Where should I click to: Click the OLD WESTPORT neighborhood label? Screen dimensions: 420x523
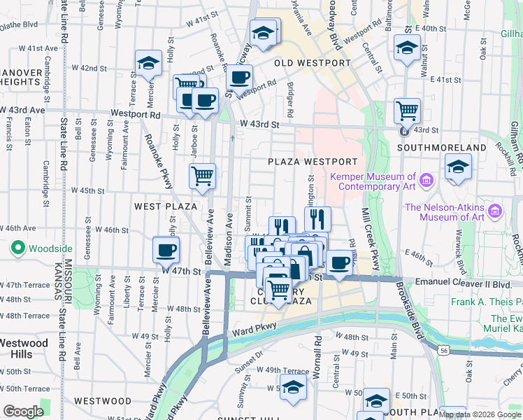click(312, 63)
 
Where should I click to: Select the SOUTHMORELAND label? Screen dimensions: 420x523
click(441, 148)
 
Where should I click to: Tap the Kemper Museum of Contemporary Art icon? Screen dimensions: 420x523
click(427, 182)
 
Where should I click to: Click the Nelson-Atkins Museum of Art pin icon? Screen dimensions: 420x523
click(495, 211)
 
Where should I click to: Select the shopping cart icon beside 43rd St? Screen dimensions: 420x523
click(407, 109)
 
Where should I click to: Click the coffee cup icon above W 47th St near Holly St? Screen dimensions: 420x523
click(166, 248)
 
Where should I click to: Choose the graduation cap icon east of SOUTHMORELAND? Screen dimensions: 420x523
click(458, 167)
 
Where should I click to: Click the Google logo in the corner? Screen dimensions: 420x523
click(24, 411)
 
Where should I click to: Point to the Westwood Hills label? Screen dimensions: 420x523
click(24, 349)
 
